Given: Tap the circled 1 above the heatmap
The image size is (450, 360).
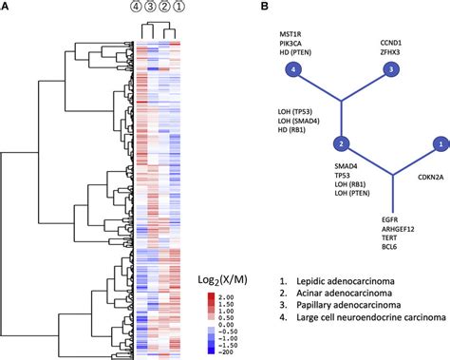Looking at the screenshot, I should [x=181, y=9].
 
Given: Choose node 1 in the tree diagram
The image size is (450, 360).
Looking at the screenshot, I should [x=439, y=144].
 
